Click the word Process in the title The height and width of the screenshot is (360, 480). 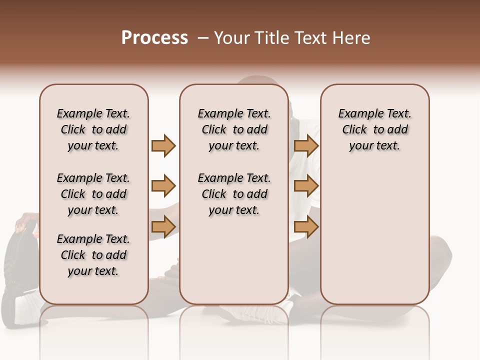point(154,38)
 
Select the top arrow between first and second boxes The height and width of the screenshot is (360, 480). point(163,145)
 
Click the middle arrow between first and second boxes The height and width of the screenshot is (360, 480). point(163,186)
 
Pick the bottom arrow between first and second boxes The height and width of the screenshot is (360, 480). point(163,227)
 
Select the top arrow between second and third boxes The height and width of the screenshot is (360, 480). point(306,145)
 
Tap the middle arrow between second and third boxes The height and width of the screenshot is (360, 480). point(306,186)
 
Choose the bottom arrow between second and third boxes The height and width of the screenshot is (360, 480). point(306,227)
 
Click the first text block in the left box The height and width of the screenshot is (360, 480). point(93,129)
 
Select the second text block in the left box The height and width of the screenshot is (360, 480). point(93,194)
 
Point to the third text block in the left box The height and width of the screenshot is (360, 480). point(93,255)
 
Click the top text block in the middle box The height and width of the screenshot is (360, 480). point(234,129)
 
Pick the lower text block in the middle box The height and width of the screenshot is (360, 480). point(234,194)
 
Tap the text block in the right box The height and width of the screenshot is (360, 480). point(374,129)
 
